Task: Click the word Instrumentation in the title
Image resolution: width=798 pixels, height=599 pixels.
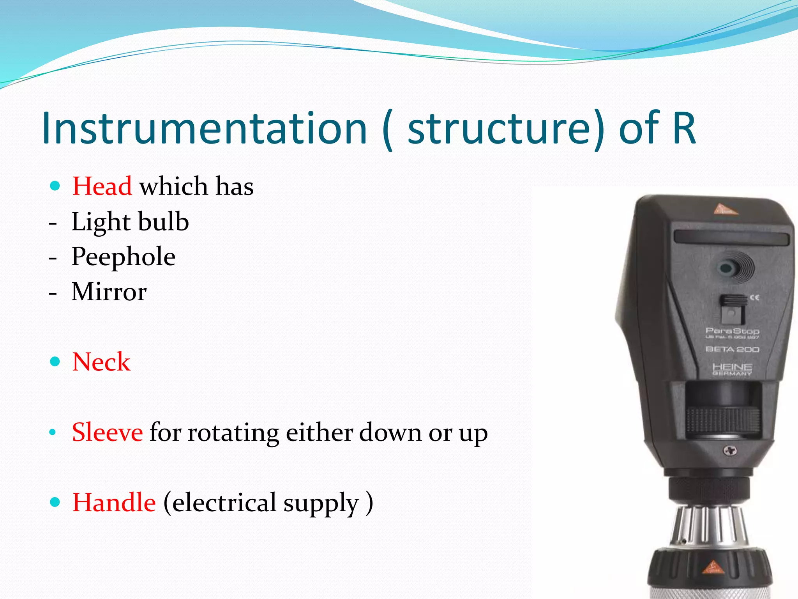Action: coord(204,128)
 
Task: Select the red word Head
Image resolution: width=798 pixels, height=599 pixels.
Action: coord(102,186)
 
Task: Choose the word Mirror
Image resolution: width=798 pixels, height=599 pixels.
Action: coord(109,292)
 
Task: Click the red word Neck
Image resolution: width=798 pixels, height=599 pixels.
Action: coord(101,362)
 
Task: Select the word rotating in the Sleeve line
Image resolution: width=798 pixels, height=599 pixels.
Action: coord(233,433)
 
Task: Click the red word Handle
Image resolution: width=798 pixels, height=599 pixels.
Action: coord(114,502)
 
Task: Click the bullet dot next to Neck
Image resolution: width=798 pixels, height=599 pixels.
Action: coord(55,362)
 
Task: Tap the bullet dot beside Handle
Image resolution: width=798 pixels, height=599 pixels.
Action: coord(55,502)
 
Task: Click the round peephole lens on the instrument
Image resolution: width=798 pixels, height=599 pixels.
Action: coord(726,268)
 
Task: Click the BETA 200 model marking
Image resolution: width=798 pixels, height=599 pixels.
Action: coord(732,349)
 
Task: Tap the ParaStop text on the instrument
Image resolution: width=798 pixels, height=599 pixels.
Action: coord(732,331)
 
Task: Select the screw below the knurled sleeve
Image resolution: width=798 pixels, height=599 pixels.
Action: coord(729,451)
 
